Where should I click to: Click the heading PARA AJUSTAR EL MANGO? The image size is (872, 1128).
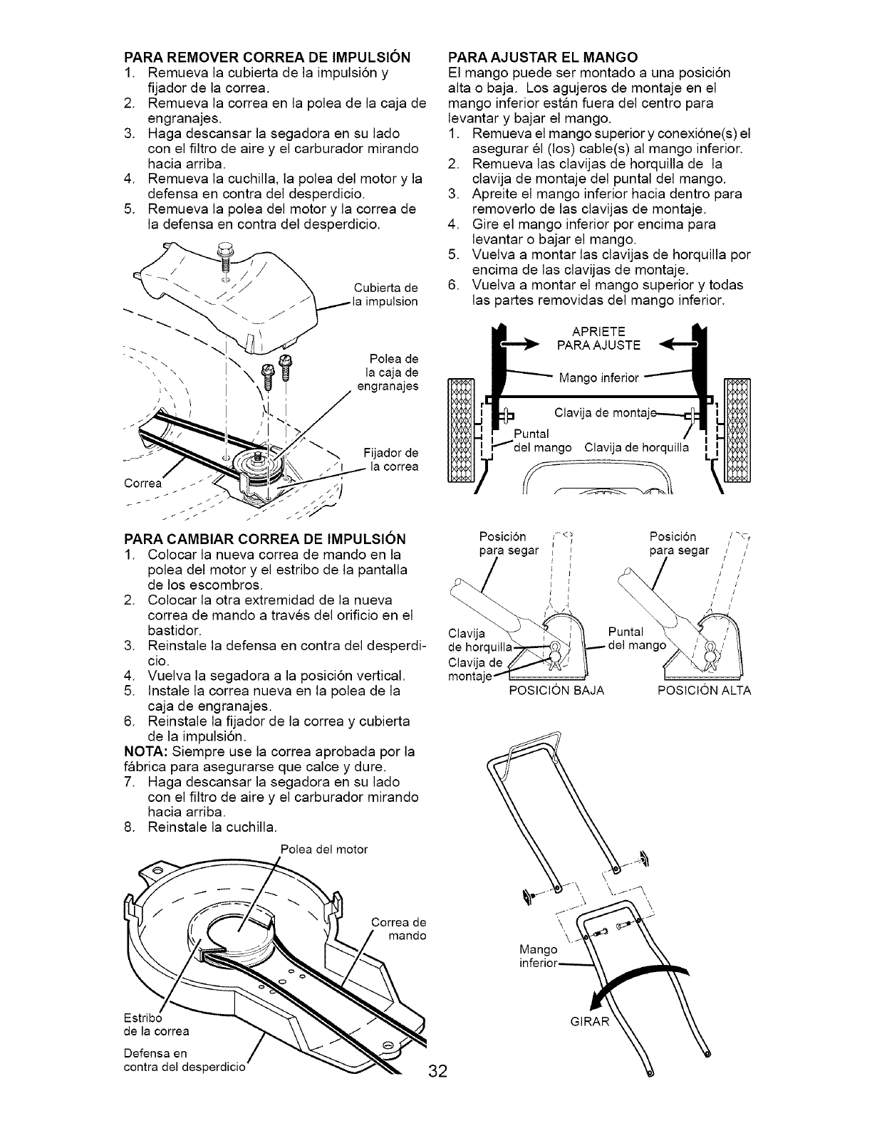pos(541,56)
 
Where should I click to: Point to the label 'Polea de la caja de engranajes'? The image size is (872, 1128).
pos(390,372)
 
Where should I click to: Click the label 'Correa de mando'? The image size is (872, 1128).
pos(398,929)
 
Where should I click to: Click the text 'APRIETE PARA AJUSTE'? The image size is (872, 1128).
pos(598,338)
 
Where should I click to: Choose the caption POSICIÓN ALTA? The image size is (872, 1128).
pos(703,691)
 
